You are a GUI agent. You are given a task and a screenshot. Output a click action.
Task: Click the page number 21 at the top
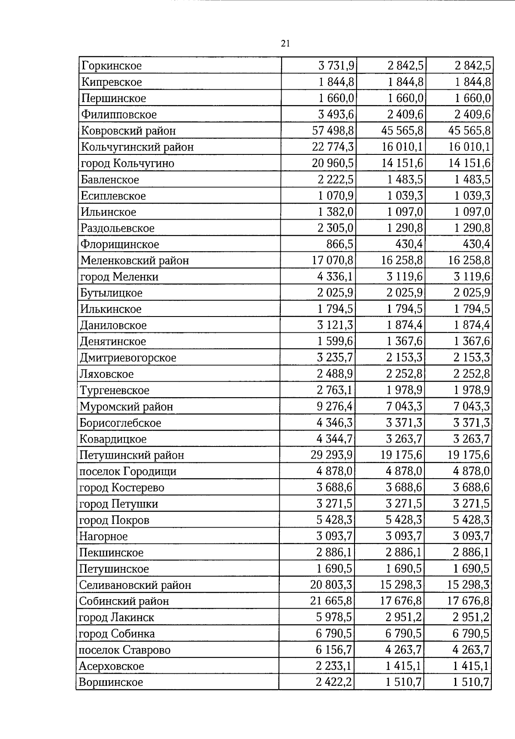[285, 43]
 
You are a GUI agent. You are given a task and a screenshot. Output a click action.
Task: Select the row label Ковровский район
[128, 131]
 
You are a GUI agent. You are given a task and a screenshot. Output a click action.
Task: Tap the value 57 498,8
[333, 131]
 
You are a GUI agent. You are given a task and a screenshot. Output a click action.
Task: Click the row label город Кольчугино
[127, 163]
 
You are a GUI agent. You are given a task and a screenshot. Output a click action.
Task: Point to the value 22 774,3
[333, 147]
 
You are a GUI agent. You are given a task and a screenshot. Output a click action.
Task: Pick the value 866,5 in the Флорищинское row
[340, 244]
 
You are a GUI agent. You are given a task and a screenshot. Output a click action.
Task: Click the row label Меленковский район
[135, 261]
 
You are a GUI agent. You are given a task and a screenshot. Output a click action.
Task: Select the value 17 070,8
[333, 261]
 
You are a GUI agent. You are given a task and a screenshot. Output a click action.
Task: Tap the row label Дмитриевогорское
[128, 358]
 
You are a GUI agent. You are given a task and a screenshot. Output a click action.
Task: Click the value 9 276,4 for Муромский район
[335, 407]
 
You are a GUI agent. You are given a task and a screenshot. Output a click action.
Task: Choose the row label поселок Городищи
[128, 472]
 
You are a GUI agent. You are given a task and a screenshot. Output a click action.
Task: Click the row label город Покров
[114, 520]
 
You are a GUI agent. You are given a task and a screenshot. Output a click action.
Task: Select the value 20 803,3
[332, 585]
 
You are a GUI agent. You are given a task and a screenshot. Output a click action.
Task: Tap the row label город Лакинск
[116, 618]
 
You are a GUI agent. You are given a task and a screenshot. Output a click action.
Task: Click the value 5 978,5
[334, 618]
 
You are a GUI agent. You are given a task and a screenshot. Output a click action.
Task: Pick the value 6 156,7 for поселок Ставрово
[334, 650]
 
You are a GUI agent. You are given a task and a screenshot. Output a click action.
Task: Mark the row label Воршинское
[111, 682]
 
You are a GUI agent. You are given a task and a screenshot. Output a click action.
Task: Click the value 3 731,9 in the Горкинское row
[336, 66]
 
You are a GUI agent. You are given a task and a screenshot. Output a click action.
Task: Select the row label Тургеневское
[115, 390]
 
